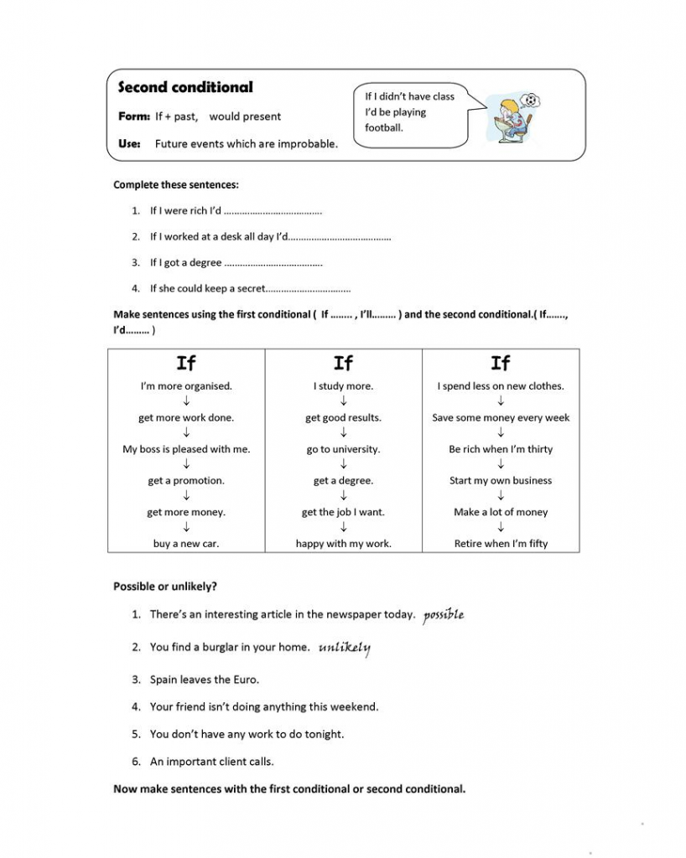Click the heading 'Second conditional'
coord(184,87)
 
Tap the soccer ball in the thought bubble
coord(530,101)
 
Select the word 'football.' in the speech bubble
coord(384,128)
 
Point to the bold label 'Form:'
coord(134,116)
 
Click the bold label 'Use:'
coord(129,143)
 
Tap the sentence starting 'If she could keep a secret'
coord(207,288)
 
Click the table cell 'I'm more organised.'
coord(186,386)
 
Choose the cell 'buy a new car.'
coord(186,544)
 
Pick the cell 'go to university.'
coord(343,449)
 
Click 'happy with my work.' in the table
coord(343,544)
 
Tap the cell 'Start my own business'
coord(501,481)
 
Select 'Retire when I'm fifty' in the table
coord(501,544)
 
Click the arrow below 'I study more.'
coord(343,401)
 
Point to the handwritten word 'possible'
coord(444,614)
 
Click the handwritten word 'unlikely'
coord(345,648)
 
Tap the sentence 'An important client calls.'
coord(211,762)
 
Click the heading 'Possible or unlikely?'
coord(165,587)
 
